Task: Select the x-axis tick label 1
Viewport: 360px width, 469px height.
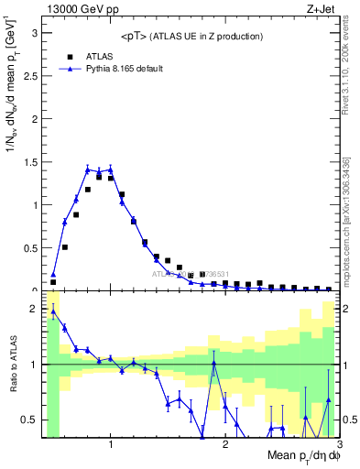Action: pos(111,445)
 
